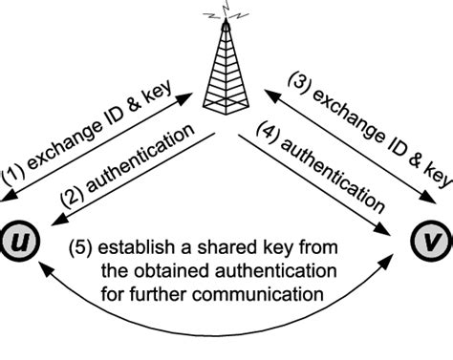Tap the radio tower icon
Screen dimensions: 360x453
[x=227, y=72]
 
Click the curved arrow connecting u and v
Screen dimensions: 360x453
[x=226, y=334]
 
